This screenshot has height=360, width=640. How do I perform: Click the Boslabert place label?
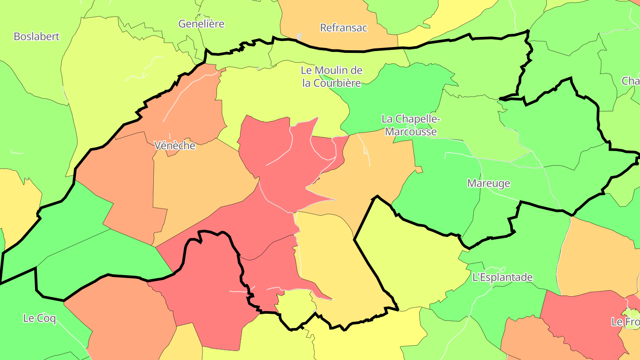pyautogui.click(x=36, y=36)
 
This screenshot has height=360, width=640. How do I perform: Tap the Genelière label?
pyautogui.click(x=201, y=24)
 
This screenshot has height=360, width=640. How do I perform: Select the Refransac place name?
pyautogui.click(x=344, y=28)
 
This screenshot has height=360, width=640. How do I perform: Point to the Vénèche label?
pyautogui.click(x=174, y=145)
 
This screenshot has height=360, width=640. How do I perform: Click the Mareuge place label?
pyautogui.click(x=488, y=183)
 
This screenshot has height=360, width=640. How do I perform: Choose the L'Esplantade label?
pyautogui.click(x=502, y=277)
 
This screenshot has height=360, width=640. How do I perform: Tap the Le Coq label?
pyautogui.click(x=40, y=318)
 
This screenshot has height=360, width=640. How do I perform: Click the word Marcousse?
pyautogui.click(x=411, y=132)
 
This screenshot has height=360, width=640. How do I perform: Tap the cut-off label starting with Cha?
pyautogui.click(x=631, y=81)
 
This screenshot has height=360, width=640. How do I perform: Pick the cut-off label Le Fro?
pyautogui.click(x=625, y=322)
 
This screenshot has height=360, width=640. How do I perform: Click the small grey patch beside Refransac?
pyautogui.click(x=299, y=36)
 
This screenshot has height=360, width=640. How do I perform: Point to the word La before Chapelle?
pyautogui.click(x=387, y=119)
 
